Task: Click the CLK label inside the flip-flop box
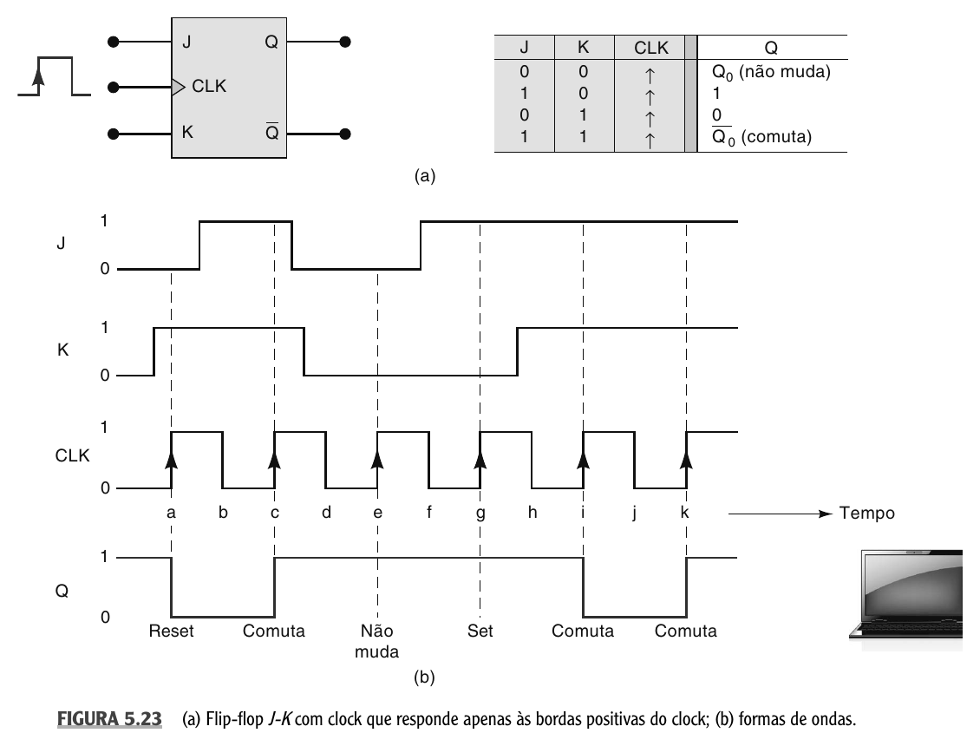click(209, 86)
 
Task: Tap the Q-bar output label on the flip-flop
click(271, 132)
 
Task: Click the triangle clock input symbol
click(179, 87)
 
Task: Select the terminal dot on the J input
click(113, 42)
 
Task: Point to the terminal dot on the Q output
click(345, 42)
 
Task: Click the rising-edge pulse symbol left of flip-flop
click(55, 76)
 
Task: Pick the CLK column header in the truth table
click(651, 48)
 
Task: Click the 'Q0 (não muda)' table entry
click(771, 72)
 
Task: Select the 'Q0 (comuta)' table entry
click(761, 136)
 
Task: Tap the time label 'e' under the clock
click(377, 513)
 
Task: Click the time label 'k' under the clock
click(685, 512)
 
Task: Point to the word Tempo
click(867, 514)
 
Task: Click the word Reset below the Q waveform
click(171, 631)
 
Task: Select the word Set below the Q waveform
click(480, 631)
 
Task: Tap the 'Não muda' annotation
click(377, 641)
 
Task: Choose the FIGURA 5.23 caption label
click(109, 719)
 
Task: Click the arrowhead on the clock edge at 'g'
click(480, 459)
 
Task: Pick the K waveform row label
click(62, 350)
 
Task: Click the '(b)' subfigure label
click(424, 677)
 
